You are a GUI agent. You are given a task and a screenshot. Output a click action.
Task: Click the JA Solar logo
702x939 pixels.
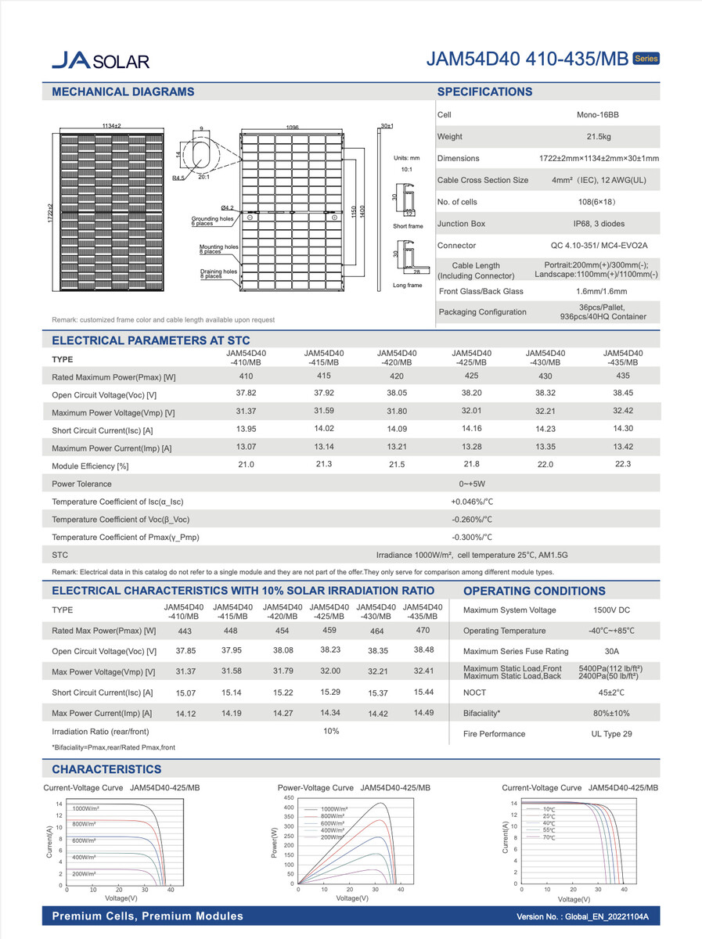[x=99, y=60]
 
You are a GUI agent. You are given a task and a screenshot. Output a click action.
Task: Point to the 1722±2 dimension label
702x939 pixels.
[x=49, y=210]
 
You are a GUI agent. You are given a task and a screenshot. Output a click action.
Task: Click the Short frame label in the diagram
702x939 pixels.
[x=407, y=226]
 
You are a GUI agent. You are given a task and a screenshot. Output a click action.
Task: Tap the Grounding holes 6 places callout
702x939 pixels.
[x=213, y=221]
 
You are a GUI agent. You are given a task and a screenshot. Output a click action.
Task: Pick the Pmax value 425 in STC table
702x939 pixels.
[x=471, y=376]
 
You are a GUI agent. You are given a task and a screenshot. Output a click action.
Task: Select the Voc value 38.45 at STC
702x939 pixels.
[x=623, y=394]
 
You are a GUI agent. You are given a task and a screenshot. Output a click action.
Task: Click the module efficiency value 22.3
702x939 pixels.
[x=623, y=465]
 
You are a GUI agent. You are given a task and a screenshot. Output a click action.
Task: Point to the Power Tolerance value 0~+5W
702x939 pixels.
[x=472, y=484]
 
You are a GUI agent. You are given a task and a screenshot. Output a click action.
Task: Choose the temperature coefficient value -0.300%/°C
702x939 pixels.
[x=472, y=538]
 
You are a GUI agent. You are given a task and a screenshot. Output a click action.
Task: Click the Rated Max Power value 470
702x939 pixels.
[x=423, y=630]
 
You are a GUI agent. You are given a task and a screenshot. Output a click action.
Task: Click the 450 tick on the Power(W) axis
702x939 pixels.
[x=289, y=798]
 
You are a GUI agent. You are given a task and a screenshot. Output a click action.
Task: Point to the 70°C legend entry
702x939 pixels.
[x=549, y=838]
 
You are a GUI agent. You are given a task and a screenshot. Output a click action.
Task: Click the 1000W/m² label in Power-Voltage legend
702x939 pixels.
[x=336, y=809]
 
